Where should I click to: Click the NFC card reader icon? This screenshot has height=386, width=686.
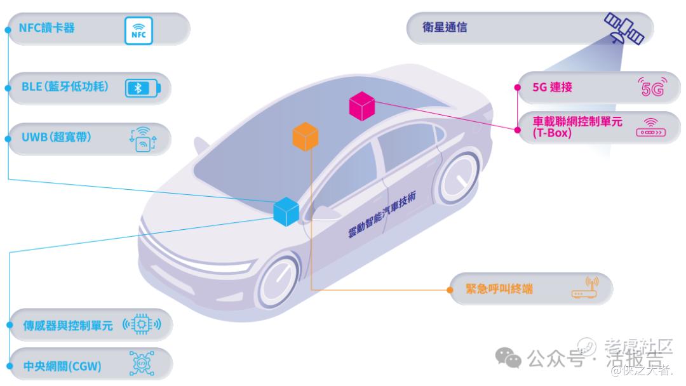138,30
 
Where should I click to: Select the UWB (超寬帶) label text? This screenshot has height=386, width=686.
56,138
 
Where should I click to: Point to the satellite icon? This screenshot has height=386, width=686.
624,29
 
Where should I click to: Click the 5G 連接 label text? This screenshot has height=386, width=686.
553,88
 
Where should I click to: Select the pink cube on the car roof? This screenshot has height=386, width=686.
363,106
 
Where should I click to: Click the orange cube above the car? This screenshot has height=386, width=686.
306,136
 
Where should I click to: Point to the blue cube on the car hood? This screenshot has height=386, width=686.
286,211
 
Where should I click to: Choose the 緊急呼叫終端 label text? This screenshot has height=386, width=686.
499,289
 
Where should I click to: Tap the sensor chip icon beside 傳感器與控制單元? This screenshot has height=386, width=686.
142,326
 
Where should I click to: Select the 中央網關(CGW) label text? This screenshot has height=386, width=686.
62,366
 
